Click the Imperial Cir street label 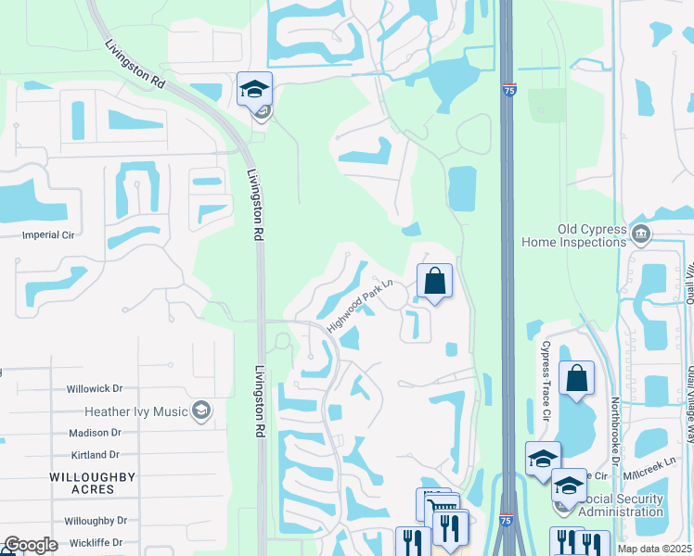coord(48,235)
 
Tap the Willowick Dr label coord(95,389)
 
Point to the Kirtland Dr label coord(95,455)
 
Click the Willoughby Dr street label coord(96,521)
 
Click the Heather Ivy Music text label coord(135,411)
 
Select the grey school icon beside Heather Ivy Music coord(199,411)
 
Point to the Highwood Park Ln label coord(361,306)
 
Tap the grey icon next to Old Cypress coord(640,231)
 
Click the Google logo coord(31,545)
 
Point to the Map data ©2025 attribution coord(654,549)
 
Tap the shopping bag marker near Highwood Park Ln coord(434,281)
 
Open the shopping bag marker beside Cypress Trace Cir coord(576,378)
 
